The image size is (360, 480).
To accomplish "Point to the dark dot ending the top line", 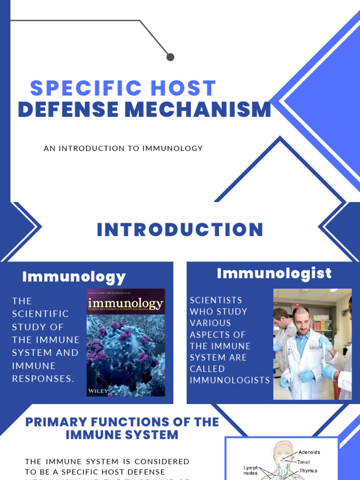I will [170, 57].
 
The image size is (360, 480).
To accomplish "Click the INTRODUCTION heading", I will [180, 230].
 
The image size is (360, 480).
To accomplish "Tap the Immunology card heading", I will [74, 277].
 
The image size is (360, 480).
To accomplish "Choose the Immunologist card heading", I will [274, 273].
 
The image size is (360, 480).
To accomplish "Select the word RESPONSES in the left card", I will [43, 379].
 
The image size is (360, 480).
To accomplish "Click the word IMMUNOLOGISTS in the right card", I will [230, 380].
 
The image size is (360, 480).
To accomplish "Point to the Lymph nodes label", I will [250, 470].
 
